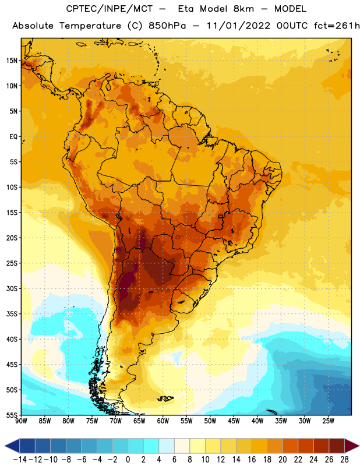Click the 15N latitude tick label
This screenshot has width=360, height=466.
[x=12, y=61]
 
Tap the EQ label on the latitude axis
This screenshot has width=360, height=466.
[x=13, y=137]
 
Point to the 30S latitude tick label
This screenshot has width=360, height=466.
[x=12, y=288]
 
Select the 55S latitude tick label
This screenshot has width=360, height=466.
[x=12, y=415]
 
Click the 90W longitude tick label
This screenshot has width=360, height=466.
[x=21, y=421]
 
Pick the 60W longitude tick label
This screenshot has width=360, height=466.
[x=163, y=421]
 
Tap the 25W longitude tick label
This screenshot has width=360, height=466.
[x=328, y=421]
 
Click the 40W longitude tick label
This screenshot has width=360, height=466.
[x=257, y=421]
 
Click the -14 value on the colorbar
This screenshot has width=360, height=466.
[x=20, y=460]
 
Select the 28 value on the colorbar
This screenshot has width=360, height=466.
[x=344, y=460]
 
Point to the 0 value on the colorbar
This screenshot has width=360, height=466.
[x=128, y=460]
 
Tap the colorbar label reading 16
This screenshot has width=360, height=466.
[x=252, y=460]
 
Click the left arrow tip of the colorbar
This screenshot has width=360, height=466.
[x=5, y=446]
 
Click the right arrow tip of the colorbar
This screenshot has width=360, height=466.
[x=359, y=446]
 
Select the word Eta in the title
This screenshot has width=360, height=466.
[x=186, y=9]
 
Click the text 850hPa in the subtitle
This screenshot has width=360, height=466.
[x=167, y=26]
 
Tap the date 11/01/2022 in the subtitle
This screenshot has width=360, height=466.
[x=239, y=26]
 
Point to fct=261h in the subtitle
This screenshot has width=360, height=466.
[x=337, y=26]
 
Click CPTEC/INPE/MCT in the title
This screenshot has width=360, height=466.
[x=109, y=9]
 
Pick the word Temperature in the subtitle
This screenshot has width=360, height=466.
[x=90, y=26]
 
